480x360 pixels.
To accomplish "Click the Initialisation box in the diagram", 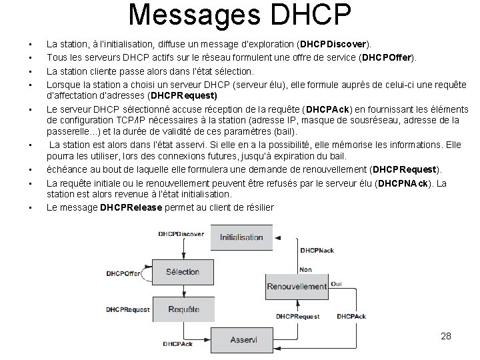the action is [241, 237].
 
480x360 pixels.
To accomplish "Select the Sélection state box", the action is [183, 272].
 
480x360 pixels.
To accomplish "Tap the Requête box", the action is [183, 309].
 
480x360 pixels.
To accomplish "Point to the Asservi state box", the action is [243, 339].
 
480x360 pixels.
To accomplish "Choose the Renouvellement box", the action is [296, 286].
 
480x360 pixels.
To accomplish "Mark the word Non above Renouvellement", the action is [305, 270].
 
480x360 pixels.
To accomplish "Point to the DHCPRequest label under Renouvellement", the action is [297, 317].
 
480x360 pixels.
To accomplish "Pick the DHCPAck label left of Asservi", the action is [177, 344].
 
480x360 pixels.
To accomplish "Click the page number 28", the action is [446, 336].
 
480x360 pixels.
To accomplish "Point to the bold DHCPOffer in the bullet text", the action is [387, 57].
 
